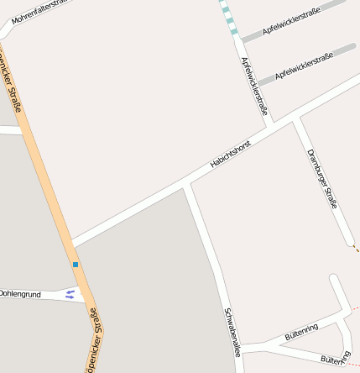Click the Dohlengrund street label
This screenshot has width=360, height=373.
[20, 294]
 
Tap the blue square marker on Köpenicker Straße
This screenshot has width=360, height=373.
[76, 265]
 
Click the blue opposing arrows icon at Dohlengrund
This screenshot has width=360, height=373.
[70, 294]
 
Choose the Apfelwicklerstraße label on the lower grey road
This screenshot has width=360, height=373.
[304, 66]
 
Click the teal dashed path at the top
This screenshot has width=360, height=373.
[229, 18]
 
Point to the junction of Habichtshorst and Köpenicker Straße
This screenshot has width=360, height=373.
[71, 244]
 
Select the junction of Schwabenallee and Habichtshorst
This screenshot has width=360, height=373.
[187, 182]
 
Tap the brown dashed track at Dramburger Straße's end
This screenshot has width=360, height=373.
[356, 248]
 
